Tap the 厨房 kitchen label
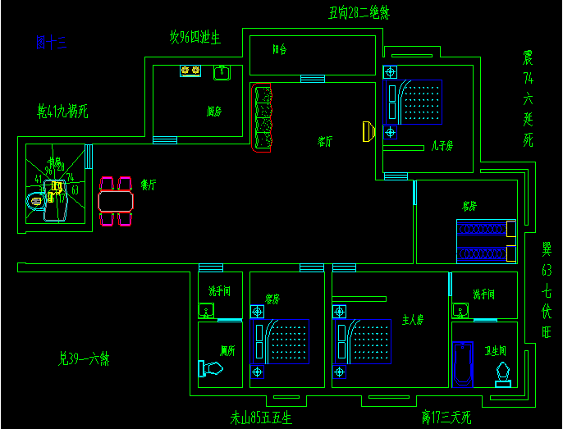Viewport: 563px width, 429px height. [x=213, y=112]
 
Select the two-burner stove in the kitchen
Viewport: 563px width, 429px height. [x=190, y=72]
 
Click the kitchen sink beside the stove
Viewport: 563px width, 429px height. [x=222, y=73]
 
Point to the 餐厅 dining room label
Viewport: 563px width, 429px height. [x=149, y=185]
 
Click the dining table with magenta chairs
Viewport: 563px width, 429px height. [x=115, y=201]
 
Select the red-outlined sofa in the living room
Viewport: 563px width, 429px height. [x=263, y=117]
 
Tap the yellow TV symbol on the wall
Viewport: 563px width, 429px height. [x=368, y=130]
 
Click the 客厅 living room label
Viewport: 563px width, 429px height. [x=325, y=141]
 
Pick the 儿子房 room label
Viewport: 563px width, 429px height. [x=442, y=146]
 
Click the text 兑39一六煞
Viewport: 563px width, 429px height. [x=85, y=358]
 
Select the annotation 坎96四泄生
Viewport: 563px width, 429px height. [x=195, y=38]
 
